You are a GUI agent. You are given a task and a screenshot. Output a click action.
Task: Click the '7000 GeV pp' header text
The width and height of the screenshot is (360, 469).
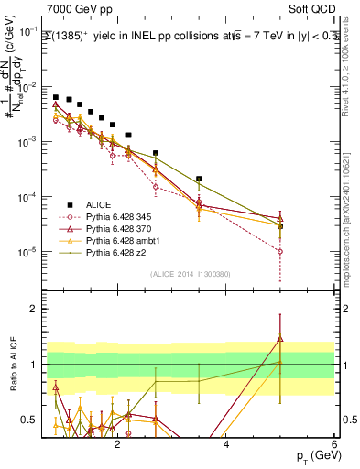point(78,8)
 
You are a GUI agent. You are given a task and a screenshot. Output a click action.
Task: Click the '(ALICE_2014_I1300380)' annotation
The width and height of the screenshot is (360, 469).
point(189,274)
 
